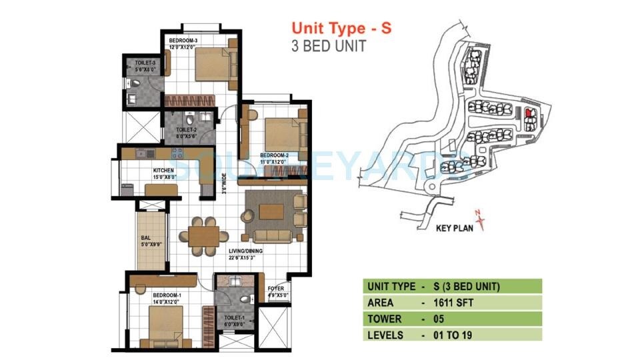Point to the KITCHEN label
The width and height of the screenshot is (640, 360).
click(163, 171)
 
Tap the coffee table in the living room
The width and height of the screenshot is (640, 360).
click(274, 211)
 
